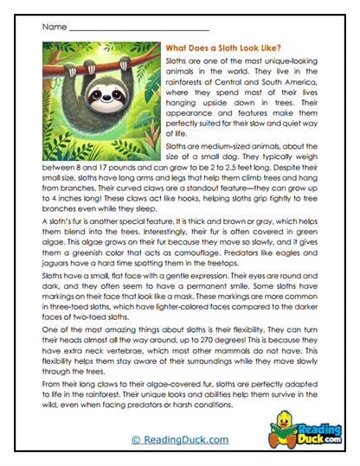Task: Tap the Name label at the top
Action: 53,27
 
